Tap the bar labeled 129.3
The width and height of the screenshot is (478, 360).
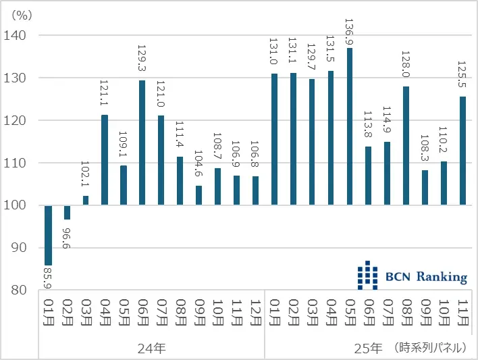tap(142, 143)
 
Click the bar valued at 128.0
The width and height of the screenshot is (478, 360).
tap(406, 145)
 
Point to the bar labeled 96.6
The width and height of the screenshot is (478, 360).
tap(67, 212)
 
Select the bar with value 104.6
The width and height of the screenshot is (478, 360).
tap(198, 195)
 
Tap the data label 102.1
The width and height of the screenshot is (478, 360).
tap(86, 176)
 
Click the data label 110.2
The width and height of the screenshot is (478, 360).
tap(444, 142)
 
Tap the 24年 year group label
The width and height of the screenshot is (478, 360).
tap(151, 349)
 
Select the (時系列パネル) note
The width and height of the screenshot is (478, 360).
tap(430, 349)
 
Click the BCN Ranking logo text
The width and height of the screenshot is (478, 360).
tap(426, 277)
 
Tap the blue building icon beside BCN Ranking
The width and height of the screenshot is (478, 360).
tap(368, 276)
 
